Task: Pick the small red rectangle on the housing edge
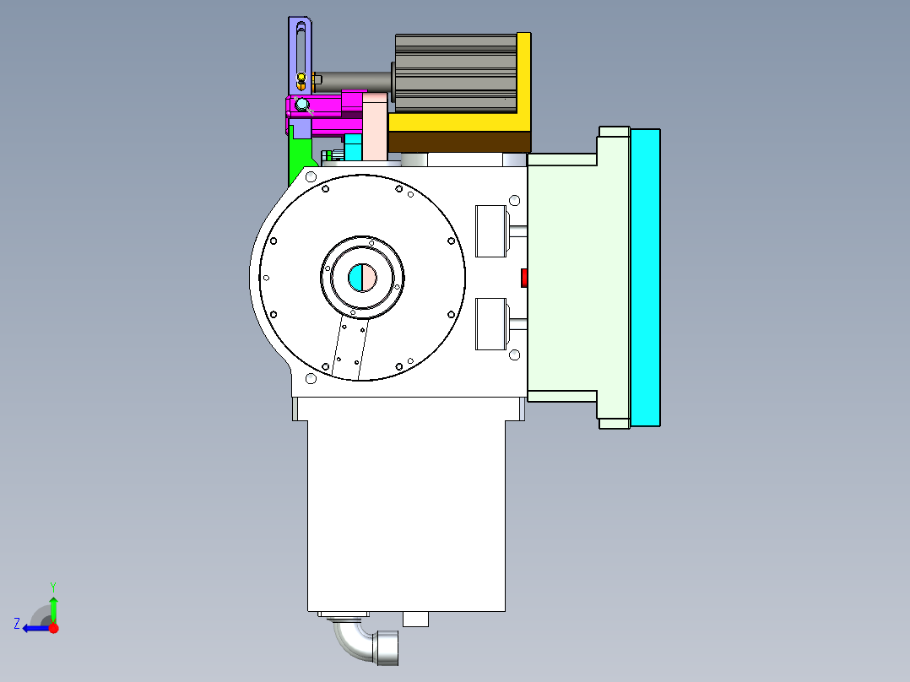tap(524, 278)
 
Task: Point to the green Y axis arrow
tap(53, 606)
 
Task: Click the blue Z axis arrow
tap(32, 628)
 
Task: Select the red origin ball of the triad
tap(54, 628)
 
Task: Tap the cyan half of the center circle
tap(356, 277)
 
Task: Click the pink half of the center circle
tap(370, 277)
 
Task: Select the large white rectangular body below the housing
tap(406, 515)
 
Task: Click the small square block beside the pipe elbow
tap(415, 620)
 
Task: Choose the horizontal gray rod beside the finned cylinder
tap(355, 80)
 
